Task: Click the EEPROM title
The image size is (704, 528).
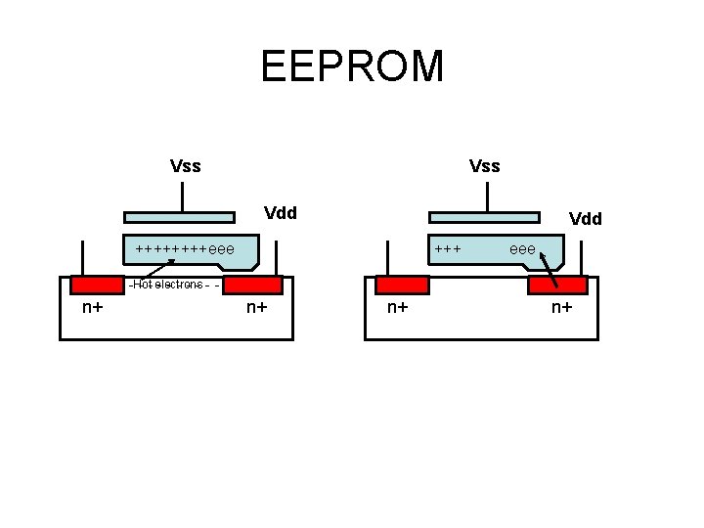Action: pos(352,66)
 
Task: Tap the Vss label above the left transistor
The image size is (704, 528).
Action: pos(185,166)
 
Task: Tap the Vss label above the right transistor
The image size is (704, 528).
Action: pos(484,166)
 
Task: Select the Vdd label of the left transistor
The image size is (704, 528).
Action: pos(281,213)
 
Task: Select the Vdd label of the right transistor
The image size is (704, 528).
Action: pos(586,219)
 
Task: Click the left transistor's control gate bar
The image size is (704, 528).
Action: pos(179,217)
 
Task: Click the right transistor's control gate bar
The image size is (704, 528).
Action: pos(485,217)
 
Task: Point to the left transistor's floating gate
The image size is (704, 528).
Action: pos(191,250)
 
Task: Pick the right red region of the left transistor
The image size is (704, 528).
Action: pos(253,286)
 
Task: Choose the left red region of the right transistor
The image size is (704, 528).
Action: pos(402,286)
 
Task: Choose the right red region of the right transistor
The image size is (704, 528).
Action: pos(557,286)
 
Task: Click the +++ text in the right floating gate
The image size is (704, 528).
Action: pos(448,249)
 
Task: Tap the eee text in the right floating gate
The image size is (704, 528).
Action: pos(523,249)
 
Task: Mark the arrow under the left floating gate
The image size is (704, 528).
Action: pos(156,269)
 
